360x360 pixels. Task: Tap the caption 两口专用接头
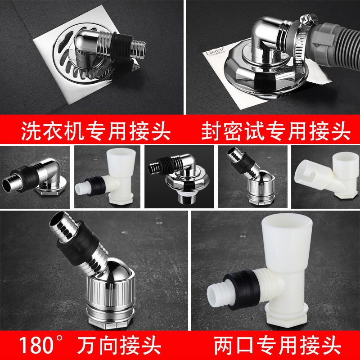pyautogui.click(x=277, y=345)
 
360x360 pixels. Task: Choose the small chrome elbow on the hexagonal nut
pyautogui.click(x=35, y=177)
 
